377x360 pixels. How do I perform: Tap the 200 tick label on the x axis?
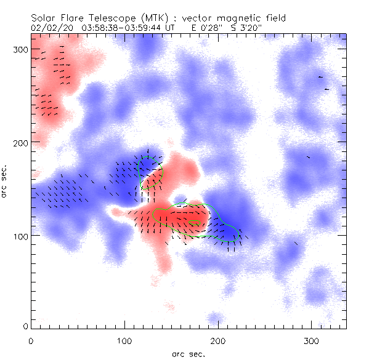tap(218, 340)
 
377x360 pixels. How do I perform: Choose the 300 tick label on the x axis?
tap(312, 340)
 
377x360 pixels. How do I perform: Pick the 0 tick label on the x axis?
tap(31, 340)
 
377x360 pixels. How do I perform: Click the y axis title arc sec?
tap(6, 182)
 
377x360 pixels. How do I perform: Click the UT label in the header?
tap(171, 28)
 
